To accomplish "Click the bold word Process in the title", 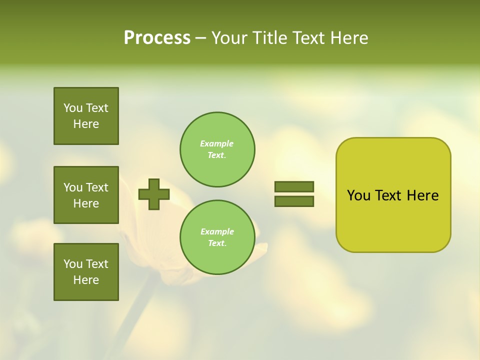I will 157,38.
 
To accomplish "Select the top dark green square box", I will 86,116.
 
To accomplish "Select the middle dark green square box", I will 86,195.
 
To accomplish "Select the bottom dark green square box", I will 86,272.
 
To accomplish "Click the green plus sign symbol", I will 154,194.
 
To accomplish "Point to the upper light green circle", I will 217,149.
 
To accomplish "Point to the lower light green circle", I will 217,237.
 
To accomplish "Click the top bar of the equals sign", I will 294,186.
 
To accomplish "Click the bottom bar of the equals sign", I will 294,201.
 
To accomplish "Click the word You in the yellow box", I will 358,195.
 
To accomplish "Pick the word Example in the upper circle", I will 217,143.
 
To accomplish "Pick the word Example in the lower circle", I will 217,231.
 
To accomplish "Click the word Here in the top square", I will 86,124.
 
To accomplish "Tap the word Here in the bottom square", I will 86,280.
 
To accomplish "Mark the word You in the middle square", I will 72,187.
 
